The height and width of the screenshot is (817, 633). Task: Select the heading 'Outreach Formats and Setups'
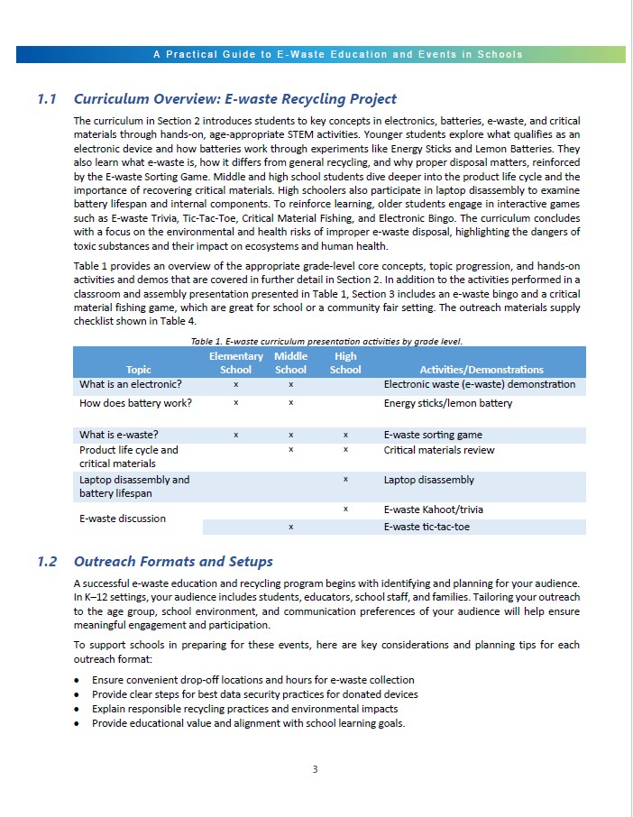[173, 562]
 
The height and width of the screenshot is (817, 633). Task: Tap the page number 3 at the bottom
[316, 769]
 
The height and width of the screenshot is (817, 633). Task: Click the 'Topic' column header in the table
[139, 370]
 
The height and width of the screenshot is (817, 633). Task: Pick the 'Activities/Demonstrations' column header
[482, 370]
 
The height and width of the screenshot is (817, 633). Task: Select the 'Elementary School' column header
[235, 363]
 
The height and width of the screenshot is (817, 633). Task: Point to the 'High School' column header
[345, 363]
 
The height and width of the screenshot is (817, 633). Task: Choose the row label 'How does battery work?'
[135, 403]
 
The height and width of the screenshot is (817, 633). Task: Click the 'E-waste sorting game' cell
[433, 435]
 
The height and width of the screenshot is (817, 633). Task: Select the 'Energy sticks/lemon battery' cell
[448, 403]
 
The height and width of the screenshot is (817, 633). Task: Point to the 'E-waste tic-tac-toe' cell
[427, 527]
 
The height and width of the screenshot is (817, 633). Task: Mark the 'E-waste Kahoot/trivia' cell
[434, 509]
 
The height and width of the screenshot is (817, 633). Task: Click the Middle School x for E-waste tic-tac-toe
[290, 527]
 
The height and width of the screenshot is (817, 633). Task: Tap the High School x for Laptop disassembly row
[345, 480]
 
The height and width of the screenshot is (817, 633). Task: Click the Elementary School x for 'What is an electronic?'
[235, 385]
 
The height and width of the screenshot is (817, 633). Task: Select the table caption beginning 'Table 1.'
[326, 341]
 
